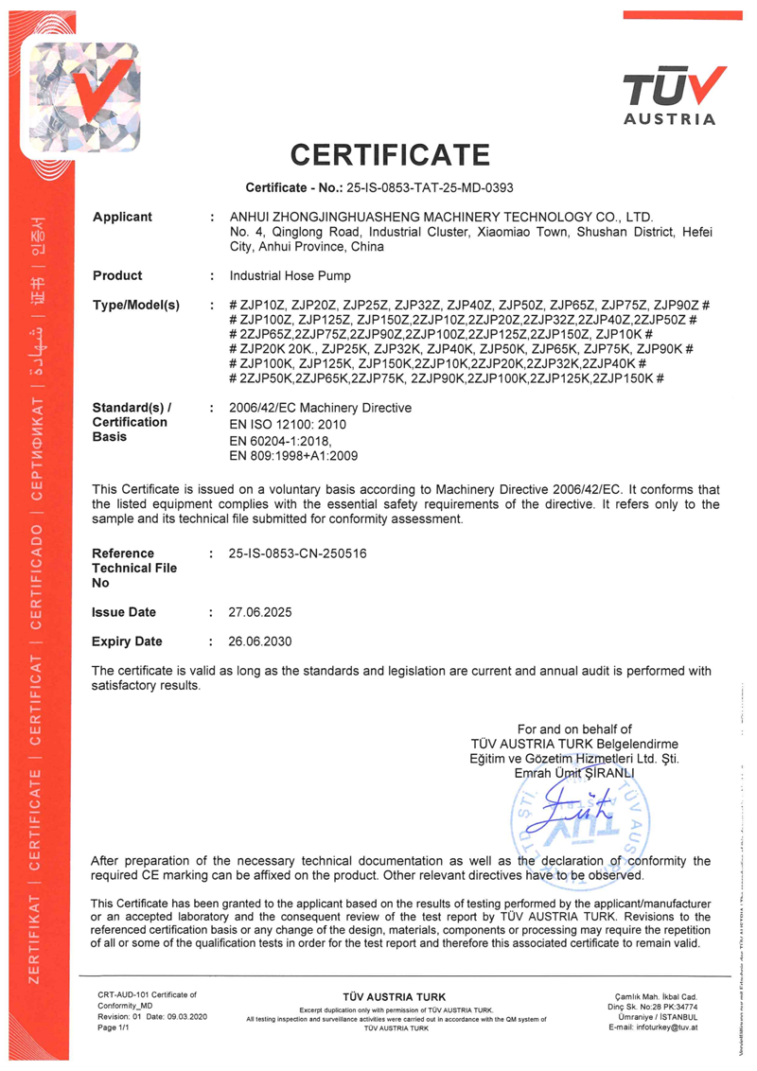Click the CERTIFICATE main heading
coord(390,154)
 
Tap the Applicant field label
coord(122,218)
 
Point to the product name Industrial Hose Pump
coord(290,276)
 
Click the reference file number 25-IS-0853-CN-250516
coord(297,553)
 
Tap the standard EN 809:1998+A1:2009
coord(293,456)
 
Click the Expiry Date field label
coord(127,641)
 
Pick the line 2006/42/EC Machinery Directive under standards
coord(321,408)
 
